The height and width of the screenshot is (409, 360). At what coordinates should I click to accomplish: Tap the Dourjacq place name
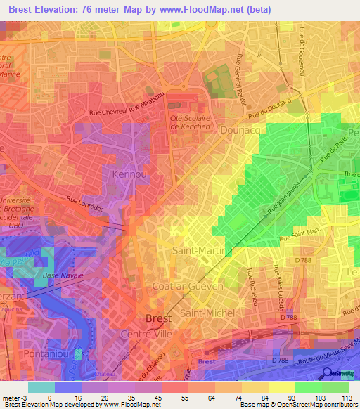(x=241, y=129)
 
